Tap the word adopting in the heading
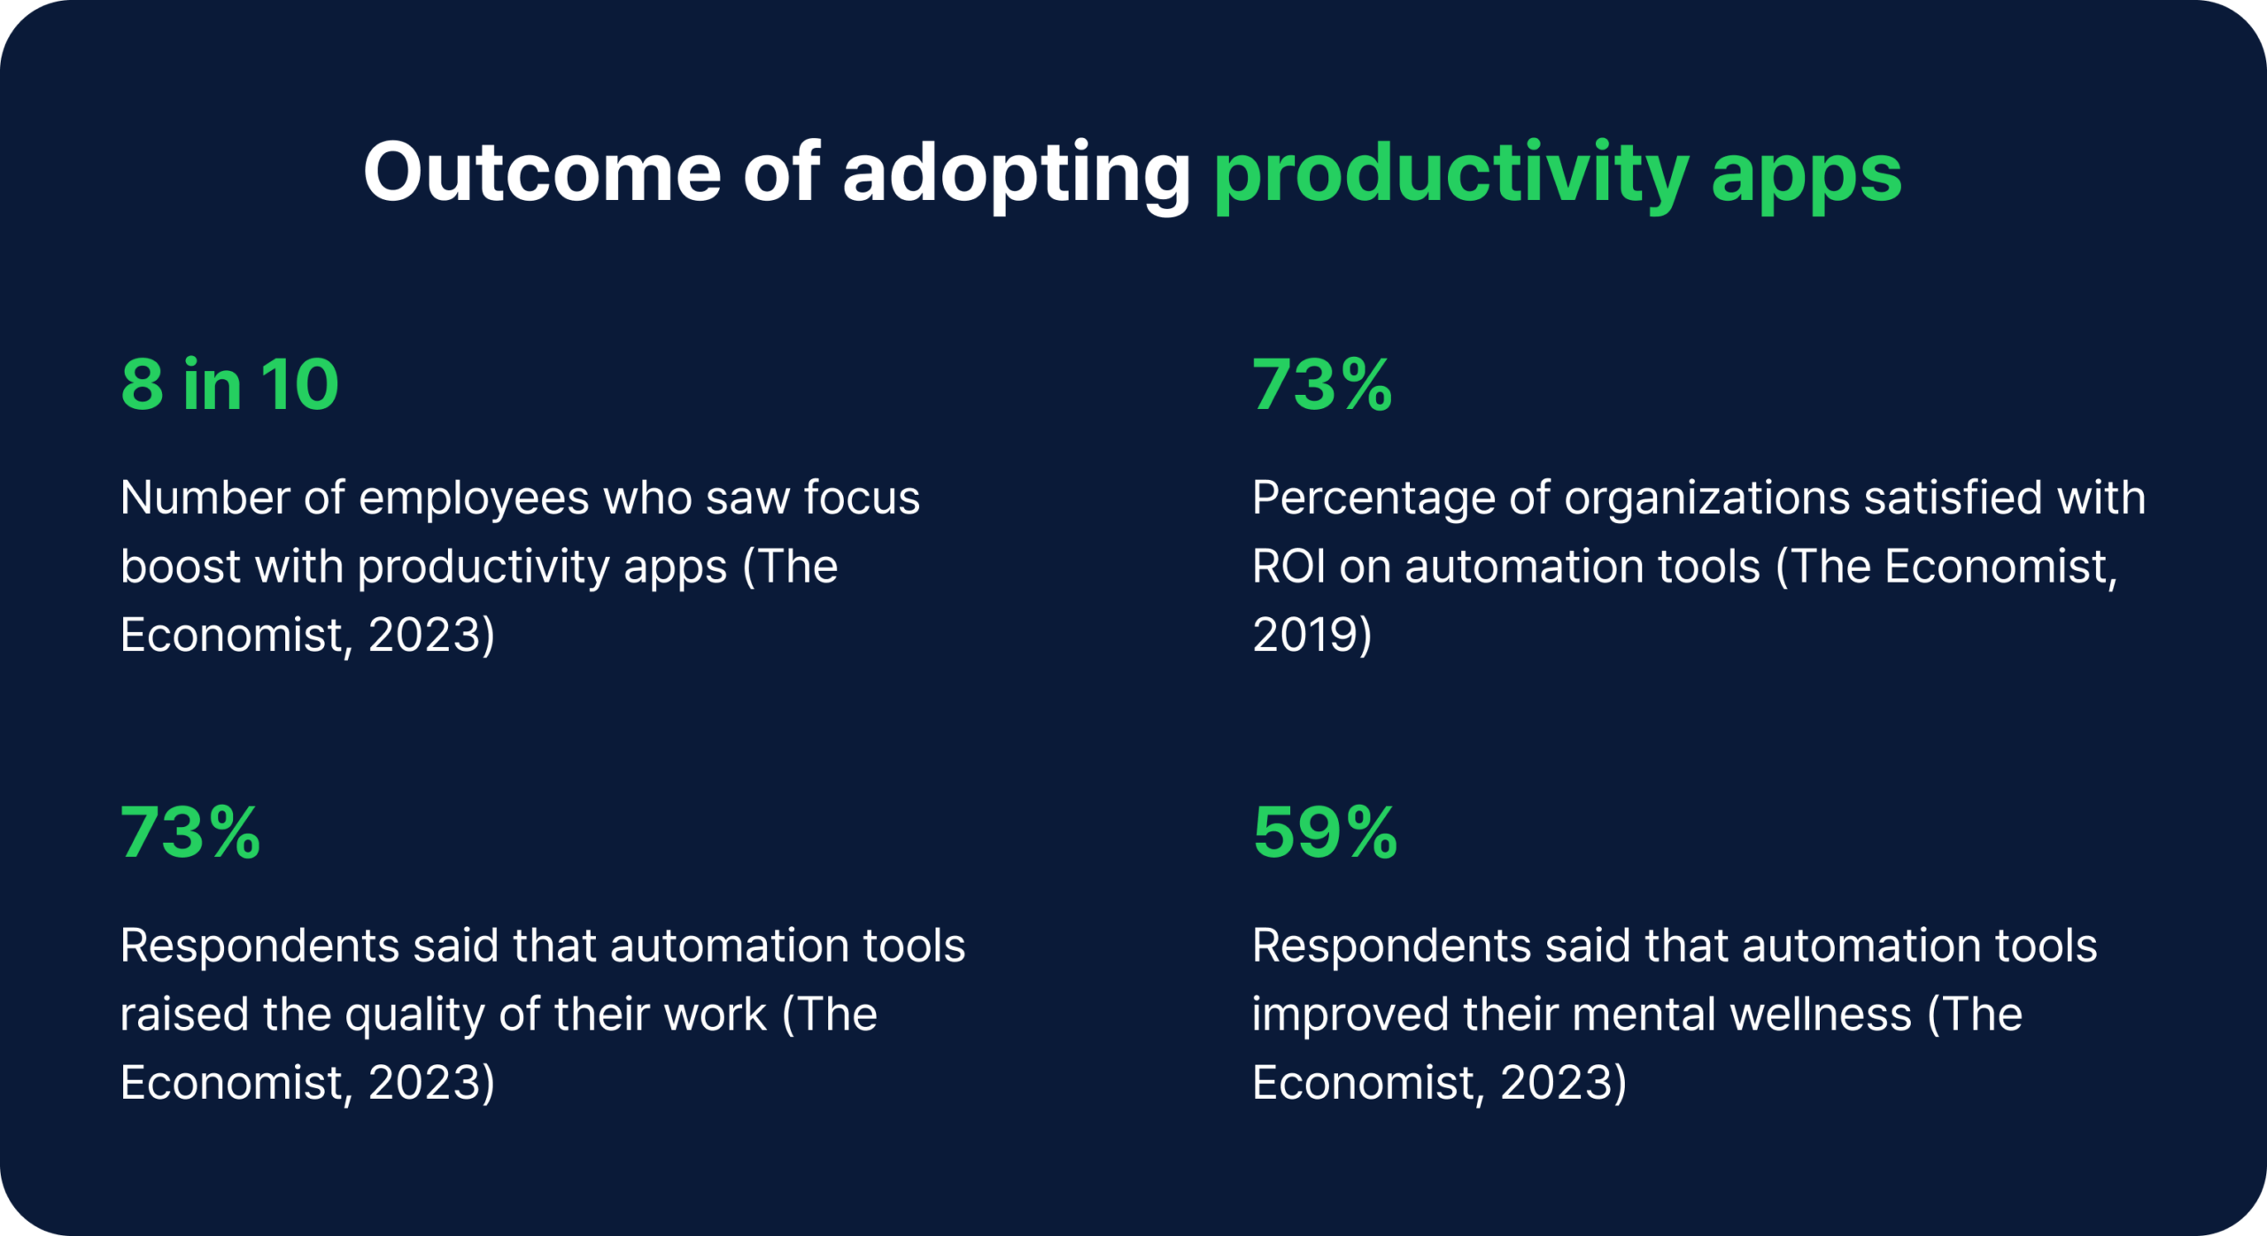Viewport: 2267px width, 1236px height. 1016,174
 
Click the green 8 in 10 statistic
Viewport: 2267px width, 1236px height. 230,384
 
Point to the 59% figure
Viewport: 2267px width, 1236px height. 1325,832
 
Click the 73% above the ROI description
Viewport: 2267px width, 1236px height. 1322,384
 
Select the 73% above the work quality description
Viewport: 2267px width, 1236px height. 190,832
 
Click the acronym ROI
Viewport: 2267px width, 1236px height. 1288,566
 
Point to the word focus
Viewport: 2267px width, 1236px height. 862,498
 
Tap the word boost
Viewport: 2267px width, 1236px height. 180,566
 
